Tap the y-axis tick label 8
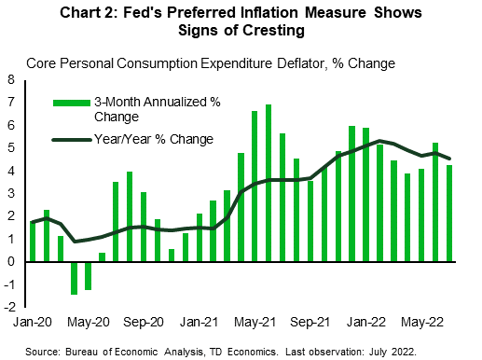pyautogui.click(x=12, y=80)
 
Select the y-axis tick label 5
pyautogui.click(x=12, y=148)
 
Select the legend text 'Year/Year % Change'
pyautogui.click(x=154, y=139)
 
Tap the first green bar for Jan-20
pyautogui.click(x=33, y=242)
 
